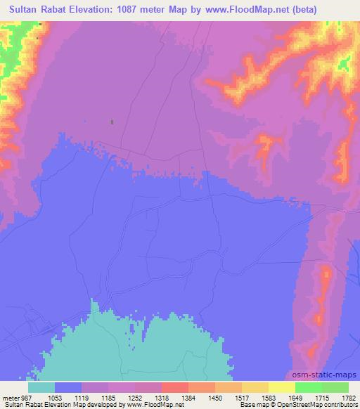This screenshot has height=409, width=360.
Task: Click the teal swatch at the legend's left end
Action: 41,387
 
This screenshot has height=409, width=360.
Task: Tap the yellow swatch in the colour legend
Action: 281,387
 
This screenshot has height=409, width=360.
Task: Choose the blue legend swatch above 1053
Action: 67,387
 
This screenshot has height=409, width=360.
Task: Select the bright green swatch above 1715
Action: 308,387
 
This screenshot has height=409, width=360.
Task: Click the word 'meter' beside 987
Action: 12,398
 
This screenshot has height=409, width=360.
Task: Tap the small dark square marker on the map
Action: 111,122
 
